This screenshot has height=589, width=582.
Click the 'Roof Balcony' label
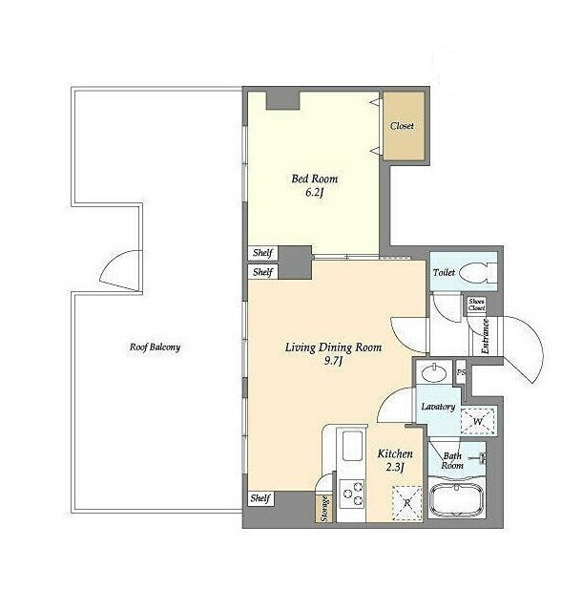click(155, 347)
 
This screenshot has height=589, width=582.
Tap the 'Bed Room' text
click(315, 179)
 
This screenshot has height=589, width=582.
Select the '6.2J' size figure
click(315, 193)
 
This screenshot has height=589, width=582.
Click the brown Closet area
click(404, 126)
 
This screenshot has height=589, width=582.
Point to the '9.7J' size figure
click(333, 361)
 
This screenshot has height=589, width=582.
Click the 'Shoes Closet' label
click(476, 305)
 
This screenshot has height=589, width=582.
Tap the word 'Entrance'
click(485, 336)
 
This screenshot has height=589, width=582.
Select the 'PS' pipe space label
click(461, 372)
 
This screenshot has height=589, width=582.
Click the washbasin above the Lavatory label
click(434, 373)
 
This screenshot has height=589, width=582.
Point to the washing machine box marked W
click(478, 421)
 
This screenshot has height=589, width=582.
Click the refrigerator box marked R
click(407, 503)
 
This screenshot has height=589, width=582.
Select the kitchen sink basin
click(352, 446)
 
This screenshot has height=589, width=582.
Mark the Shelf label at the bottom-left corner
click(260, 498)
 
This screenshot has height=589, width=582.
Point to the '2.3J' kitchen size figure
click(395, 467)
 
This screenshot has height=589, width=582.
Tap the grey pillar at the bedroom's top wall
click(282, 100)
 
